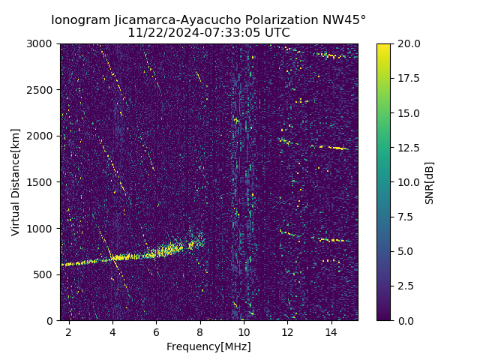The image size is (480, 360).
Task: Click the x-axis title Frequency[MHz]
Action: pyautogui.click(x=208, y=346)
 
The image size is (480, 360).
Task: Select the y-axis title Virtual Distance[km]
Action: pyautogui.click(x=15, y=181)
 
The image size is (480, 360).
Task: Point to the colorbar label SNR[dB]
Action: pyautogui.click(x=429, y=182)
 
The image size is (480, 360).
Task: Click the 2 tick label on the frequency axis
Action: pyautogui.click(x=69, y=331)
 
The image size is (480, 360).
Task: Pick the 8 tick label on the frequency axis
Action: pyautogui.click(x=200, y=331)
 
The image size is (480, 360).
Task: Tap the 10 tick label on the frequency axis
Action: pyautogui.click(x=244, y=331)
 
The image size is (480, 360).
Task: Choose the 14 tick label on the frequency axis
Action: pyautogui.click(x=331, y=331)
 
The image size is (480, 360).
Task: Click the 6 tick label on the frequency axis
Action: pyautogui.click(x=157, y=331)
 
